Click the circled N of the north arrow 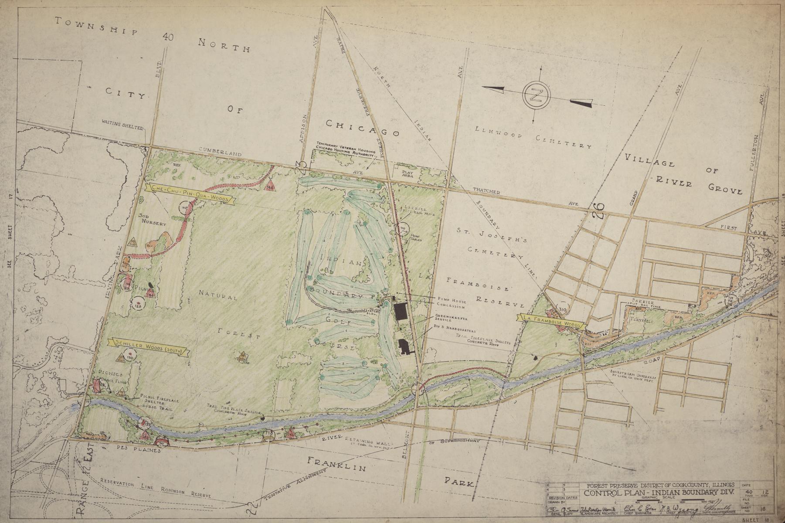pyautogui.click(x=536, y=95)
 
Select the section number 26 pyautogui.click(x=599, y=211)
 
